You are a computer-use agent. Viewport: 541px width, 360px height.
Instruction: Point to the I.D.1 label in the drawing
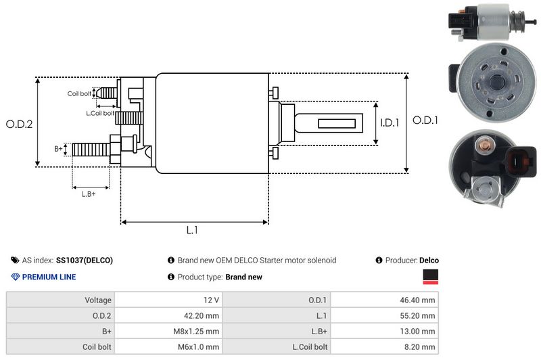pos(390,123)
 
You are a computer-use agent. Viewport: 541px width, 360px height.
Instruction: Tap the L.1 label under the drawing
pos(193,230)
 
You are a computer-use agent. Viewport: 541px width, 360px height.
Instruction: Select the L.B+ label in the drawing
pos(89,194)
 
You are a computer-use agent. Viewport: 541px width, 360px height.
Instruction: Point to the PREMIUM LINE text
pos(49,277)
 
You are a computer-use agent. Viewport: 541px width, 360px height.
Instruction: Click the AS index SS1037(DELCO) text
pos(67,260)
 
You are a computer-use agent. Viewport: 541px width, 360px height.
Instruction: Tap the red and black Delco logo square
pos(430,276)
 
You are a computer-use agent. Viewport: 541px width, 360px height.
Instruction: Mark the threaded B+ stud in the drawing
pos(91,149)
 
